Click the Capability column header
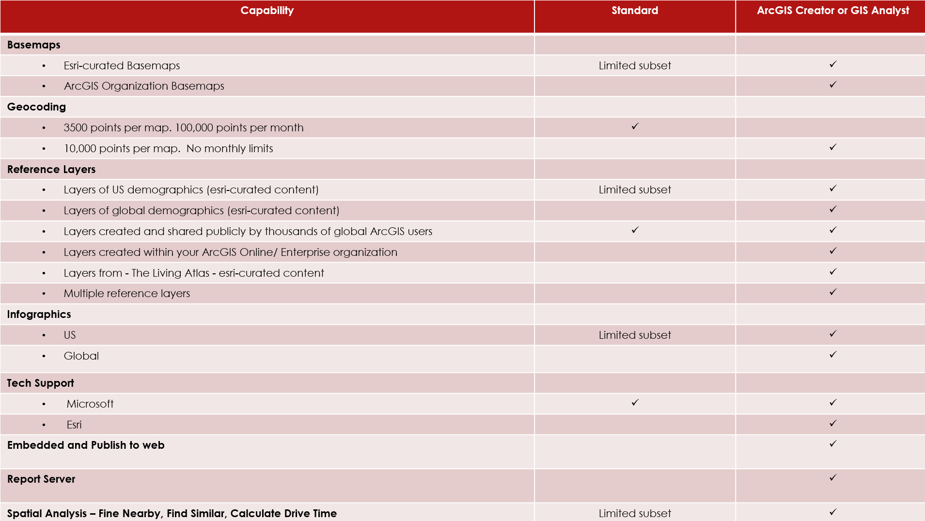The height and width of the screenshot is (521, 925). [x=267, y=11]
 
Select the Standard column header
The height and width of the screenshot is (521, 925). [x=634, y=11]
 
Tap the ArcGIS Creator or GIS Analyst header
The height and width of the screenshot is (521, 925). [x=832, y=11]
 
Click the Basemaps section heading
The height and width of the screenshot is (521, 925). [x=34, y=45]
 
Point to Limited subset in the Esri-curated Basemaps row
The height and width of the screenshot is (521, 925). [x=634, y=66]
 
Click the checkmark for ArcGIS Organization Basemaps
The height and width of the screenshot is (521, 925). [x=832, y=85]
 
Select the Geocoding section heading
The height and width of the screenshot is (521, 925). [x=36, y=107]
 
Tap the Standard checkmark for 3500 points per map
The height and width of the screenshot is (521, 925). [x=635, y=126]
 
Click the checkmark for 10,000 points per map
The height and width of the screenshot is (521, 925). [x=832, y=147]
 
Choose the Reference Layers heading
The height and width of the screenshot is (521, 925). [x=51, y=170]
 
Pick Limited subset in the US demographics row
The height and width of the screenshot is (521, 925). [x=634, y=190]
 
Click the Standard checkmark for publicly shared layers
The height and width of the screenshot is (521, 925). [x=635, y=230]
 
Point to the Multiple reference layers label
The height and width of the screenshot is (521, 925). [x=126, y=294]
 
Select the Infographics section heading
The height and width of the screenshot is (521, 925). [x=39, y=315]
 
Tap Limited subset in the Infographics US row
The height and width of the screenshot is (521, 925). [x=634, y=335]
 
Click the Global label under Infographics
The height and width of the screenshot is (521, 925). [x=81, y=356]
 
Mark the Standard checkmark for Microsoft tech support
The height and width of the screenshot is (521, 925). [x=635, y=403]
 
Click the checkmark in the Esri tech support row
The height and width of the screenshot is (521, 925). [x=832, y=424]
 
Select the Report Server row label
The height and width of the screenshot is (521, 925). [x=41, y=479]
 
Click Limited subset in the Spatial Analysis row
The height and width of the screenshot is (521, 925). [x=634, y=514]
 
